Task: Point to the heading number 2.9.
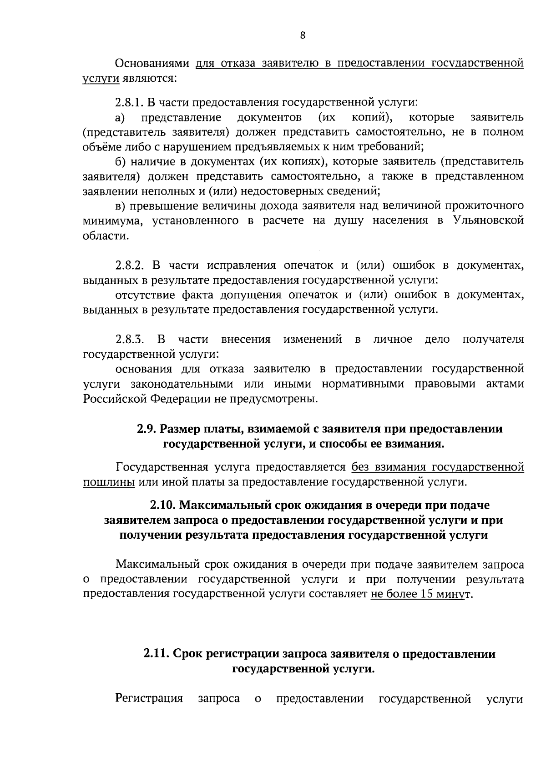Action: point(147,429)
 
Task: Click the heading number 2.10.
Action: point(163,505)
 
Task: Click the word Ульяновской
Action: point(488,221)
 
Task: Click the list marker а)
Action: point(120,118)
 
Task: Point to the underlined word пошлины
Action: point(109,482)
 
